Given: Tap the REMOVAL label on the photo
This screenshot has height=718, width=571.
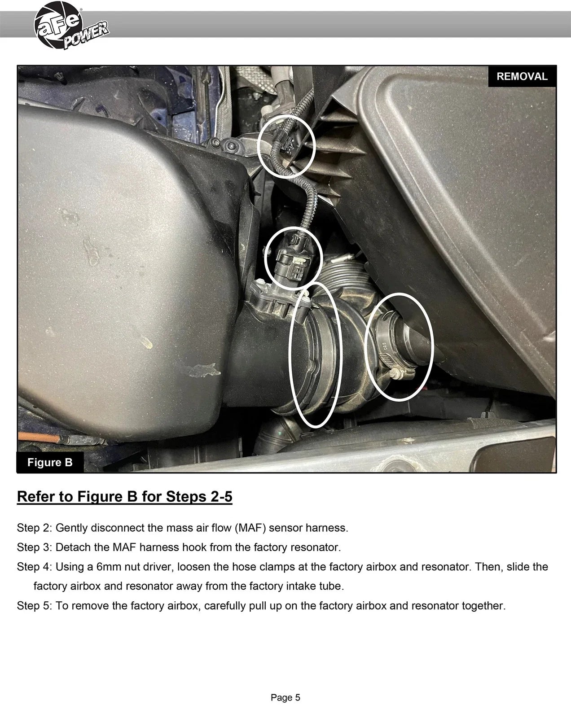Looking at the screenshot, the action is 522,76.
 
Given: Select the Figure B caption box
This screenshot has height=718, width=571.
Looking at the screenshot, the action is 50,462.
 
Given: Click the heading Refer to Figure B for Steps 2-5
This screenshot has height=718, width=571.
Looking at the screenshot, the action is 124,496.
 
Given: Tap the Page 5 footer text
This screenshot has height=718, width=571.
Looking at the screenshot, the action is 285,698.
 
